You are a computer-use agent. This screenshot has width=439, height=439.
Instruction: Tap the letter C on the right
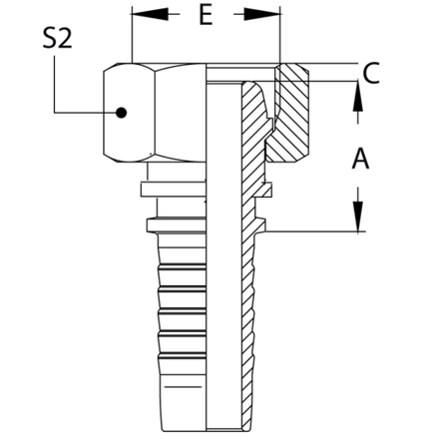point(370,71)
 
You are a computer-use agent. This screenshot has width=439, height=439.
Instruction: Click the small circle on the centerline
point(121,114)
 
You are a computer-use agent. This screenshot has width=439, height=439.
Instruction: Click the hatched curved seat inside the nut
point(258,120)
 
